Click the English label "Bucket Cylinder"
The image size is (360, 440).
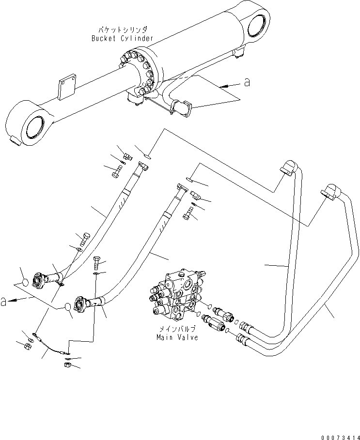[x=122, y=38]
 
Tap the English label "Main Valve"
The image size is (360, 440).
[x=177, y=337]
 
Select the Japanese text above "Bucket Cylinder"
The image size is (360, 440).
[x=122, y=30]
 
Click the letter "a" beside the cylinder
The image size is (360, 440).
[x=248, y=83]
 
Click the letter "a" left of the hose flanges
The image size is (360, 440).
[x=4, y=302]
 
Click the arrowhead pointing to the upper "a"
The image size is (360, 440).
[x=221, y=86]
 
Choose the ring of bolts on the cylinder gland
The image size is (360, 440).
[x=141, y=73]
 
